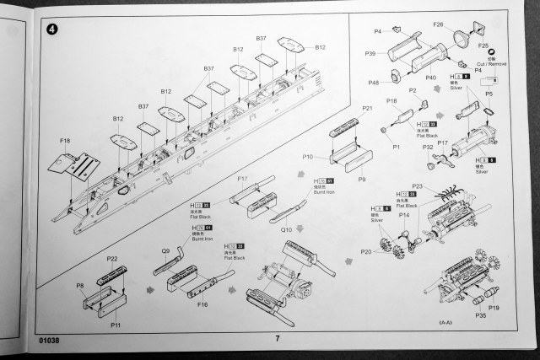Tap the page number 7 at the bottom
click(276, 339)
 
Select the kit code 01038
click(50, 341)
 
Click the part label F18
click(66, 141)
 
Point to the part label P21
click(367, 108)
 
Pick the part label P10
click(308, 157)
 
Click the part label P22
click(112, 259)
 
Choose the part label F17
click(242, 179)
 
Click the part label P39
click(370, 54)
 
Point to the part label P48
click(374, 83)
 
